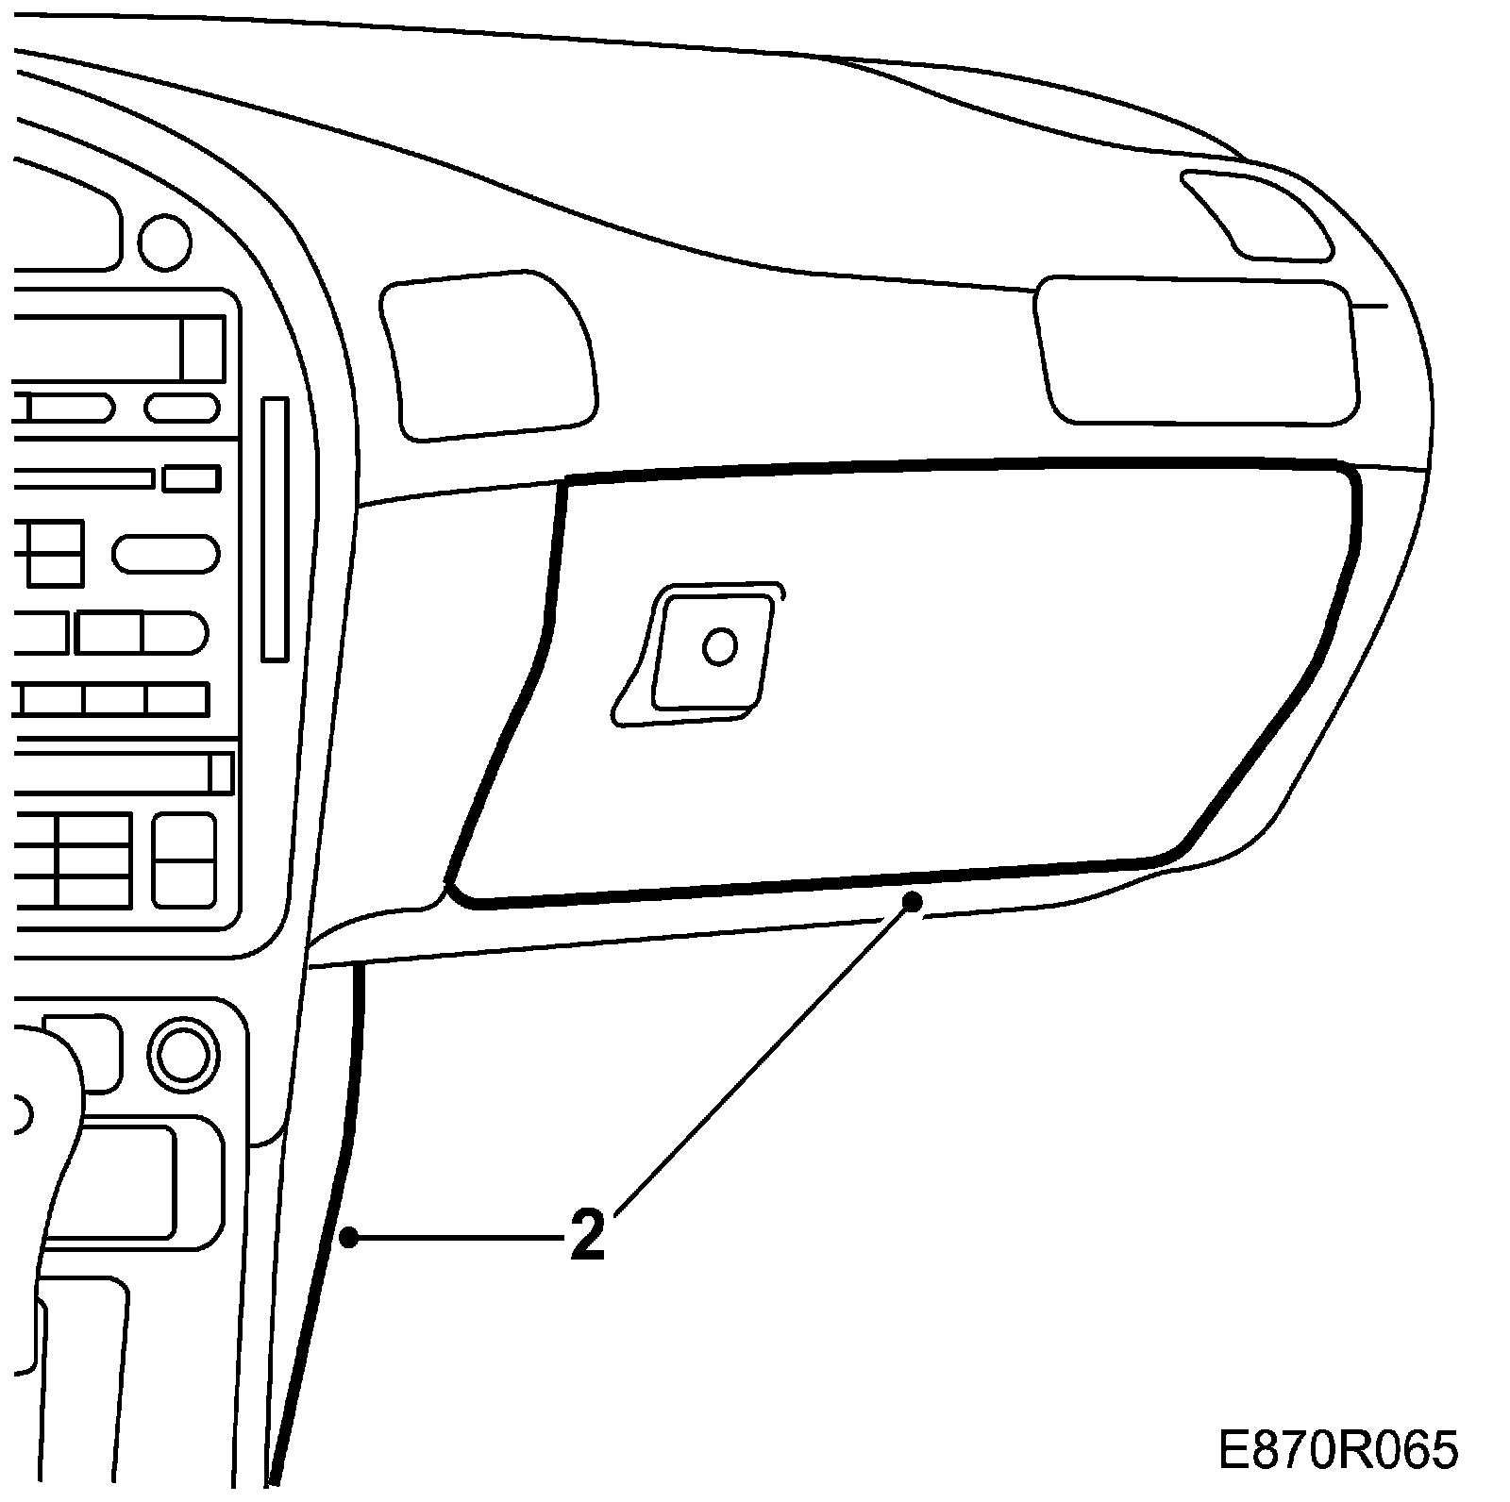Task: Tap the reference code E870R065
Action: point(1338,1450)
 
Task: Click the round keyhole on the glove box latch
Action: point(719,646)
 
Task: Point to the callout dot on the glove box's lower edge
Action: point(912,901)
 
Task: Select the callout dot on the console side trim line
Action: point(349,1237)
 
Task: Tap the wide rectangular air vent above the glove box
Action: point(1197,350)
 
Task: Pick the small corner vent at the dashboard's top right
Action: point(1257,214)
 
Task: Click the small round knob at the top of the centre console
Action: point(164,242)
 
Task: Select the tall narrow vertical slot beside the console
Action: point(275,529)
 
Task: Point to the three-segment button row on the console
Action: point(113,700)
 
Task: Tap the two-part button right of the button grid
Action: point(184,859)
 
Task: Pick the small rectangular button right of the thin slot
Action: point(192,478)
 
